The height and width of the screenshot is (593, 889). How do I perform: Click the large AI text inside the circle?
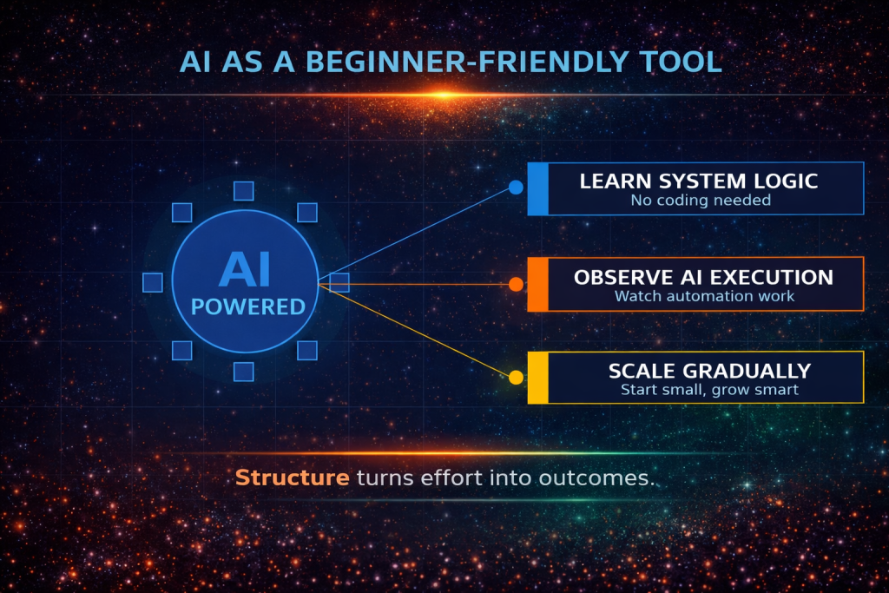244,269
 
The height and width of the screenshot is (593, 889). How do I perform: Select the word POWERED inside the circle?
247,306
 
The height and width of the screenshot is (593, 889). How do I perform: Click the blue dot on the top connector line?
516,187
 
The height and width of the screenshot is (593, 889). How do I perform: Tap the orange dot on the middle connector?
516,284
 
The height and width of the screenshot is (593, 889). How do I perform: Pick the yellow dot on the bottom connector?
516,377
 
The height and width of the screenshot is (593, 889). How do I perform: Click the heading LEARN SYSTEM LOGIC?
699,181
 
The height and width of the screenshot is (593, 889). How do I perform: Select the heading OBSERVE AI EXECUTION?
703,278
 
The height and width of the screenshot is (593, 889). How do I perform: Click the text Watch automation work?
704,296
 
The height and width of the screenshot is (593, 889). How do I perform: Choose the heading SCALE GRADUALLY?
709,371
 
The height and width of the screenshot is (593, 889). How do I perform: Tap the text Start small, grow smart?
709,390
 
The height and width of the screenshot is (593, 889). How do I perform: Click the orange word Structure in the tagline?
293,478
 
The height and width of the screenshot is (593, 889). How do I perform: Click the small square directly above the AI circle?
244,191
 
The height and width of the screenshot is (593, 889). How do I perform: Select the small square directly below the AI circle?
244,372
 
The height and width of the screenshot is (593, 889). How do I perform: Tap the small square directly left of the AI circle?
152,282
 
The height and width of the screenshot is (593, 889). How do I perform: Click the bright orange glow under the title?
444,94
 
